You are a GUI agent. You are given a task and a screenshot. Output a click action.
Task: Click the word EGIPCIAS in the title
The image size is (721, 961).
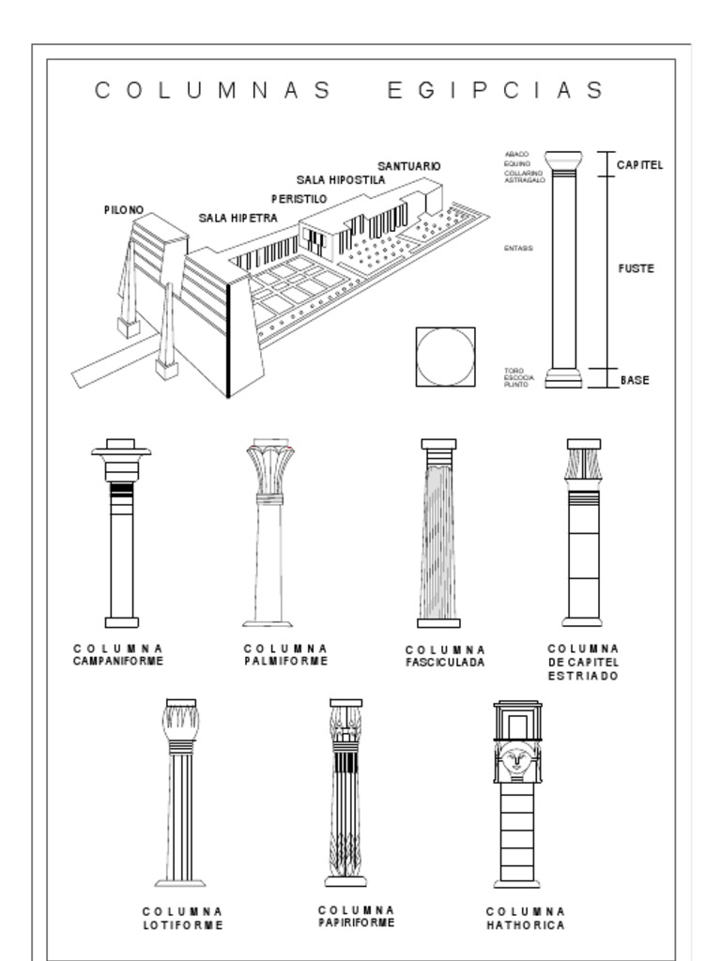click(x=495, y=90)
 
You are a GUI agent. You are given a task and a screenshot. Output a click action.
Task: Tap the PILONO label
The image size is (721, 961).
click(x=124, y=210)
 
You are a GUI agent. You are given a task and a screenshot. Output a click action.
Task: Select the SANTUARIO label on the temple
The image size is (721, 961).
click(x=409, y=166)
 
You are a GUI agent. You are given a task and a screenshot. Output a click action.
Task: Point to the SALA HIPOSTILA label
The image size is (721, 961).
click(x=341, y=179)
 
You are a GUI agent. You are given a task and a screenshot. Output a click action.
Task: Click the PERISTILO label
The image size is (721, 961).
click(x=299, y=199)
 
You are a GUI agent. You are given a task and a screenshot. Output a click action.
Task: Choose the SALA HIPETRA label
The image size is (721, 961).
click(x=238, y=218)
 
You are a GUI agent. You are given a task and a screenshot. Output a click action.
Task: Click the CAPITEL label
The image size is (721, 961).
click(x=639, y=165)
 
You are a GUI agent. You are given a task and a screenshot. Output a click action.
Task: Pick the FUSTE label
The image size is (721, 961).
click(x=636, y=268)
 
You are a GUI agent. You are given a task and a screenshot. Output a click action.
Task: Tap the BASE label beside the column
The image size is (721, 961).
click(x=635, y=380)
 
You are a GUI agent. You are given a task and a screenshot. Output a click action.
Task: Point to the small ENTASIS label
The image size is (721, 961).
click(x=518, y=248)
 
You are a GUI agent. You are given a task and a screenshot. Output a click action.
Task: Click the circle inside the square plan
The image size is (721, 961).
click(x=445, y=357)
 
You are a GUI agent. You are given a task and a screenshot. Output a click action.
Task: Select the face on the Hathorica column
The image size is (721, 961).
click(x=515, y=757)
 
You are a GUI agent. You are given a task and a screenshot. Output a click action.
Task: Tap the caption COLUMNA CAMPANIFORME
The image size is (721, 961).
click(x=118, y=654)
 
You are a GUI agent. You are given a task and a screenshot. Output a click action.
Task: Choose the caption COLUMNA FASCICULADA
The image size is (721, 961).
click(x=445, y=656)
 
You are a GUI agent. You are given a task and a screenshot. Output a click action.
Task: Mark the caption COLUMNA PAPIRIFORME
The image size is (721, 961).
click(x=356, y=916)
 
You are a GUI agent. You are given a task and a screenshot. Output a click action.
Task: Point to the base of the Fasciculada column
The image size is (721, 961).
click(x=438, y=622)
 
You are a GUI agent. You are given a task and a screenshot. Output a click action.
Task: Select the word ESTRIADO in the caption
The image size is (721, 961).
click(x=583, y=676)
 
